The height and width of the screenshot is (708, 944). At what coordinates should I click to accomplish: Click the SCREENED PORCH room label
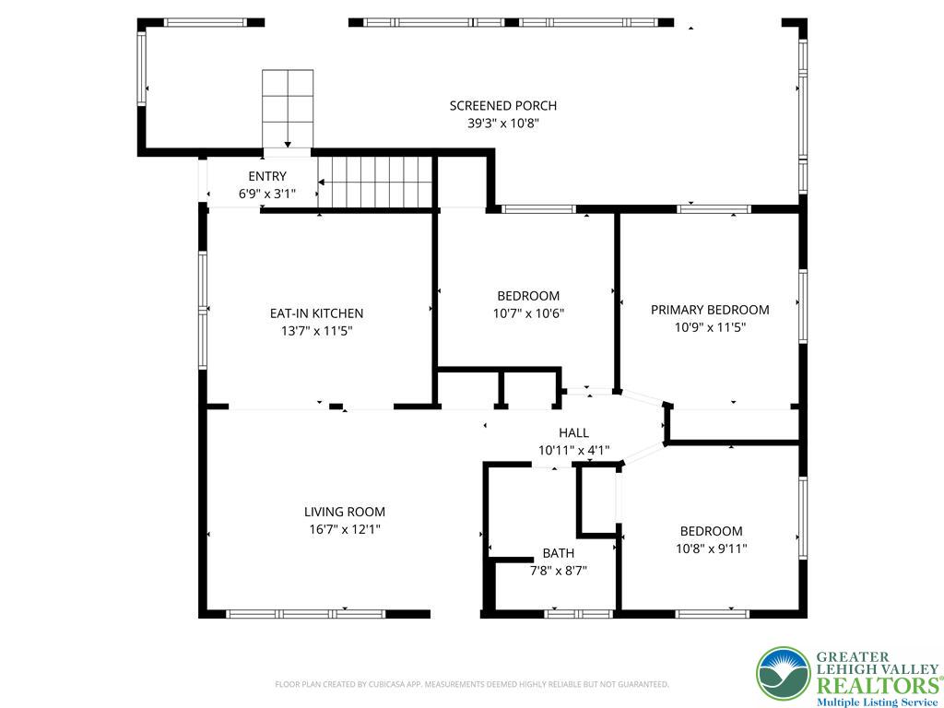tap(502, 106)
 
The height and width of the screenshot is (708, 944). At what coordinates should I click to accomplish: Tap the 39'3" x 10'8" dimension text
tap(502, 123)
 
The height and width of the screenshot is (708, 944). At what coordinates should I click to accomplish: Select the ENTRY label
tap(267, 176)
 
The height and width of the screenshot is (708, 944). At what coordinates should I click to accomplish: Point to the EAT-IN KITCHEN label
tap(316, 313)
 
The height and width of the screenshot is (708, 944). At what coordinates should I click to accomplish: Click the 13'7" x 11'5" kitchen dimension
tap(316, 330)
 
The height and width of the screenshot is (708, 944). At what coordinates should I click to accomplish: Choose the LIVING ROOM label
tap(345, 512)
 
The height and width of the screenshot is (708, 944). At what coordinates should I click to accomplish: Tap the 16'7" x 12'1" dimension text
tap(345, 529)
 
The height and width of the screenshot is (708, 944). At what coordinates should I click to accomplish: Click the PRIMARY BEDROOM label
tap(710, 310)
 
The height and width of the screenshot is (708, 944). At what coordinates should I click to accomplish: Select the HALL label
tap(573, 432)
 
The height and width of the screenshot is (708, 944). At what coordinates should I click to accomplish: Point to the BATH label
tap(558, 553)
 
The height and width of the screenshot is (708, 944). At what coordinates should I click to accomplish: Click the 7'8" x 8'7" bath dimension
tap(558, 571)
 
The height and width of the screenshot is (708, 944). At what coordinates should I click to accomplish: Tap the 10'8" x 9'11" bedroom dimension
tap(712, 549)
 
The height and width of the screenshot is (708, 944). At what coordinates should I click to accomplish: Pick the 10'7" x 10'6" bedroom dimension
tap(528, 313)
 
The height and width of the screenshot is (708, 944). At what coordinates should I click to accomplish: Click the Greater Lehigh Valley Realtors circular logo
tap(783, 674)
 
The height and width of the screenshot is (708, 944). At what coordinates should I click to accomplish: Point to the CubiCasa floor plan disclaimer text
tap(472, 684)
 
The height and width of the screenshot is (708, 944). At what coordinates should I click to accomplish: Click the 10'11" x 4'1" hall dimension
tap(573, 450)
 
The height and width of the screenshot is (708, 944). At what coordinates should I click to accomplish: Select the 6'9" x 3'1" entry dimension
tap(267, 194)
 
